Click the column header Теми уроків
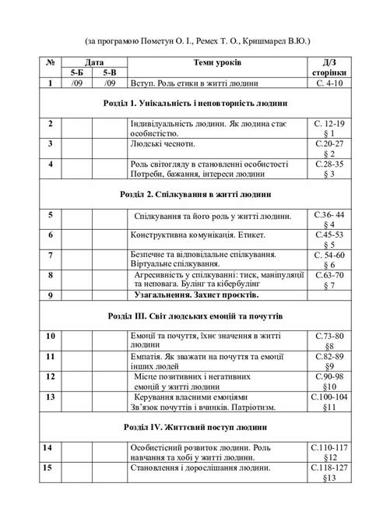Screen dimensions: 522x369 click(x=216, y=62)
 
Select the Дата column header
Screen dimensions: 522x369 click(x=93, y=62)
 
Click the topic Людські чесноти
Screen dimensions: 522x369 click(x=167, y=144)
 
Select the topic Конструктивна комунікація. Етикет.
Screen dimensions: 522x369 click(x=199, y=235)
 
